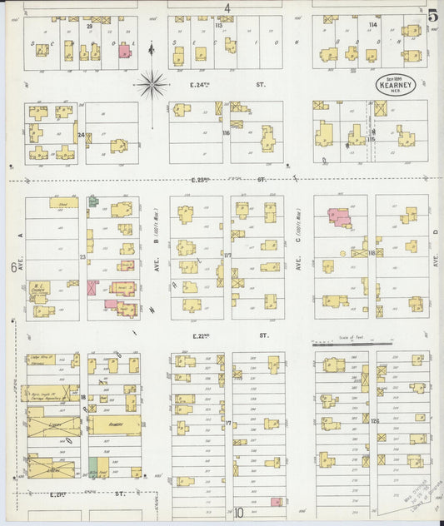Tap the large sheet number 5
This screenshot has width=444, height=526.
(434, 14)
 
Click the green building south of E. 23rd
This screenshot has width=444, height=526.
(94, 201)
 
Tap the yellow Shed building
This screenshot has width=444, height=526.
(63, 202)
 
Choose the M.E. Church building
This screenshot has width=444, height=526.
(38, 290)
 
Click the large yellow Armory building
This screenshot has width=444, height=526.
(114, 424)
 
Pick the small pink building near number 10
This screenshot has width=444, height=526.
(276, 501)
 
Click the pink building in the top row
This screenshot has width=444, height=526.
(124, 51)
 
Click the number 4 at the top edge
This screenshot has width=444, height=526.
(227, 7)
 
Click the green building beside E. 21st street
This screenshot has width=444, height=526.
(92, 467)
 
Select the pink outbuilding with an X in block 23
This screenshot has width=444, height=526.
(92, 287)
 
